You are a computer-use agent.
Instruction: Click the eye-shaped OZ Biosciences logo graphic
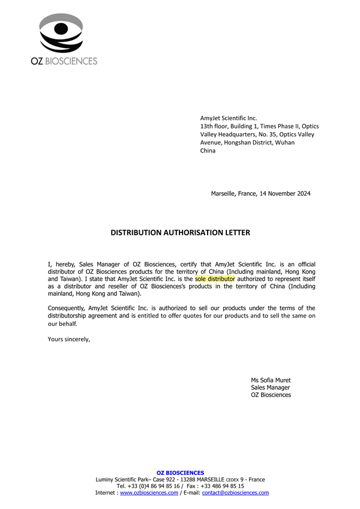(x=61, y=33)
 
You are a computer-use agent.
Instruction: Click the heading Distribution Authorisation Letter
(x=180, y=232)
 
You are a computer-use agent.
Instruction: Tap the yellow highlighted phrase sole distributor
(x=215, y=279)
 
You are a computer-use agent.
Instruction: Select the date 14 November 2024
(x=285, y=193)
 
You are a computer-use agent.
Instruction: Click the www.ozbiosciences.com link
(x=149, y=493)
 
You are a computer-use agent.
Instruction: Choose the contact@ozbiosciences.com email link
(x=235, y=493)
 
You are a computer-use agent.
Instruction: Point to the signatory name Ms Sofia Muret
(x=271, y=380)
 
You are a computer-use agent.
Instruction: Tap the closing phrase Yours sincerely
(x=68, y=339)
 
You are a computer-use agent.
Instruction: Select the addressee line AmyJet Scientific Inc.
(x=228, y=118)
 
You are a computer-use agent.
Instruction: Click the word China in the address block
(x=208, y=151)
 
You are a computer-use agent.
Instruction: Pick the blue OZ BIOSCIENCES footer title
(x=180, y=473)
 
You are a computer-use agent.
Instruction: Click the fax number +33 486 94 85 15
(x=224, y=486)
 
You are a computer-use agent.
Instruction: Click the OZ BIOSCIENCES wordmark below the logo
(x=64, y=61)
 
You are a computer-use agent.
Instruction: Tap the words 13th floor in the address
(x=214, y=127)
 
